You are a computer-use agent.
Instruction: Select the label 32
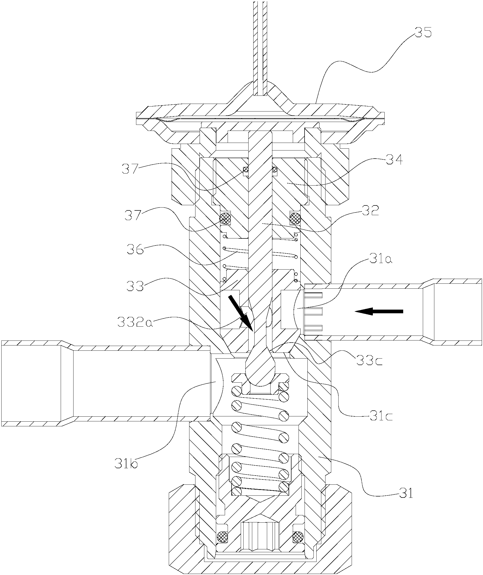click(370, 211)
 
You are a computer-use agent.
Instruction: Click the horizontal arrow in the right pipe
click(379, 311)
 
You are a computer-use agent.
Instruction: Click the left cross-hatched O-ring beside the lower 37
click(225, 218)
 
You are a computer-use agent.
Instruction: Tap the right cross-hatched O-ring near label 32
click(296, 218)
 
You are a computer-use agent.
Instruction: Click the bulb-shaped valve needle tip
click(260, 369)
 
